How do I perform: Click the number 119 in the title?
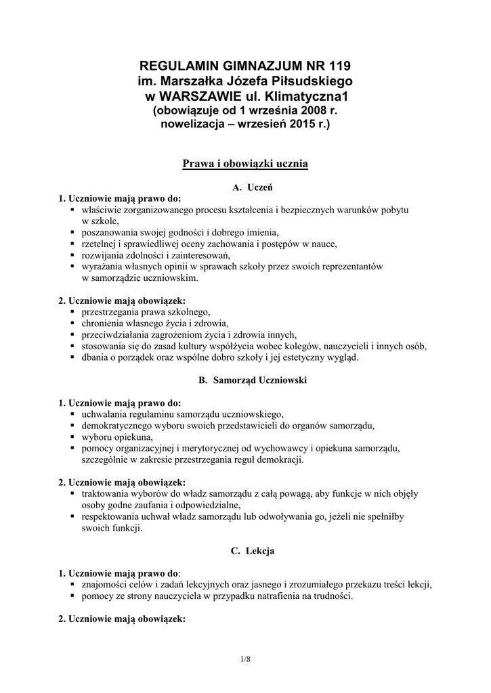tap(339, 66)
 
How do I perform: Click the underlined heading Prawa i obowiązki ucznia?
tap(245, 164)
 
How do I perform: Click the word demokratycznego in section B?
tap(117, 426)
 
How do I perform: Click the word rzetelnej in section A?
tap(98, 244)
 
